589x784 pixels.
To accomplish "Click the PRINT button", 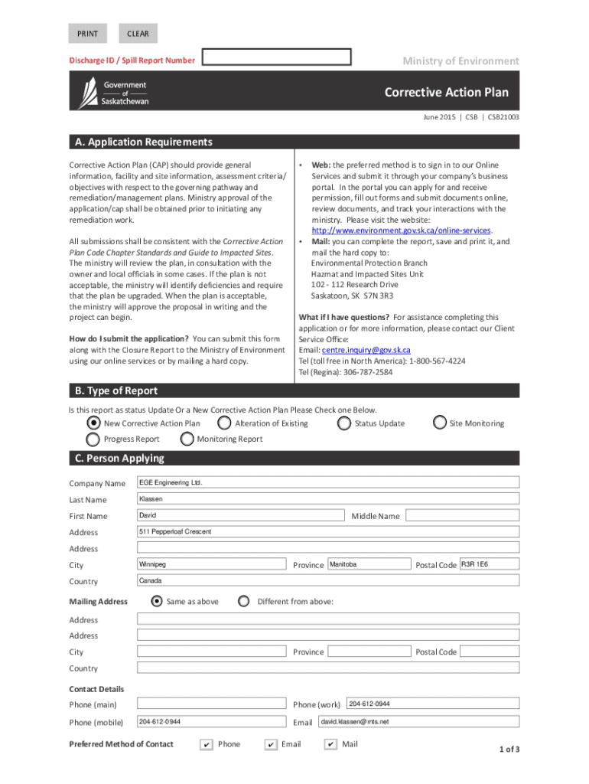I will click(x=88, y=34).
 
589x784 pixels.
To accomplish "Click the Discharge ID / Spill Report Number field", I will click(x=277, y=57).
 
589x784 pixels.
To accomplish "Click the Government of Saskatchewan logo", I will click(x=113, y=93).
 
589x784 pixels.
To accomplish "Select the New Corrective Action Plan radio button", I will click(x=93, y=423).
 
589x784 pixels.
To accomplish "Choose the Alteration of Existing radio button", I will click(x=224, y=423).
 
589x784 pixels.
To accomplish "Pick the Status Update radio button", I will click(x=343, y=423).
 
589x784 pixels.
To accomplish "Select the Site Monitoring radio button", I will click(x=439, y=423).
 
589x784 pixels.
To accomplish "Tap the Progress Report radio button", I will click(x=93, y=439).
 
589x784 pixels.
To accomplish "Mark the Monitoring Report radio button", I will click(x=187, y=439).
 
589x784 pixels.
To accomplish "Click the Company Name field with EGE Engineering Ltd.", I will click(x=327, y=482).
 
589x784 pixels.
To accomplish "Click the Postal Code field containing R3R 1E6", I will click(x=489, y=564).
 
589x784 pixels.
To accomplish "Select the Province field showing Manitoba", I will click(x=369, y=564).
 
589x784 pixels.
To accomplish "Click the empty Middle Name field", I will click(x=462, y=515).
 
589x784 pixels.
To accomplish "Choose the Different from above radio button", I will click(x=244, y=601).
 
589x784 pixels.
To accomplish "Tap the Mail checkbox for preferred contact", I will click(x=330, y=744).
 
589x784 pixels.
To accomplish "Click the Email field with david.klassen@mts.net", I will click(x=418, y=721).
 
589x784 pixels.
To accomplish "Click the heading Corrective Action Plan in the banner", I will click(x=446, y=93).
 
